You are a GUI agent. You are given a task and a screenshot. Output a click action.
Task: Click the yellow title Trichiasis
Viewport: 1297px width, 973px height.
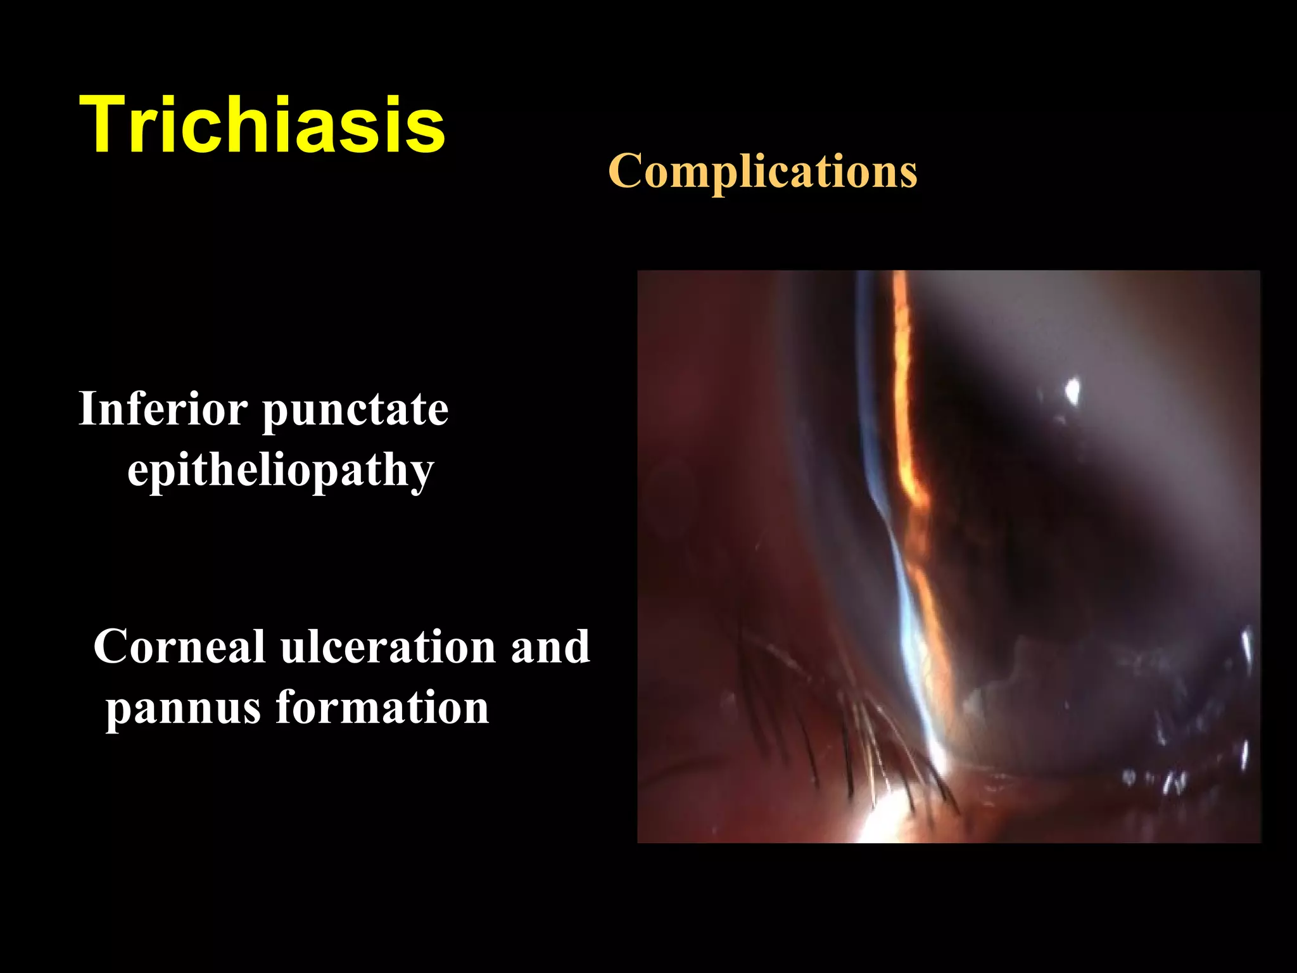click(262, 124)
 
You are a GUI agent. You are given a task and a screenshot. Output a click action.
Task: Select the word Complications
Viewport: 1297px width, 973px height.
click(762, 171)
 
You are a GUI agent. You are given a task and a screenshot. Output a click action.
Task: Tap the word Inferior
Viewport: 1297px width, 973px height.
click(163, 409)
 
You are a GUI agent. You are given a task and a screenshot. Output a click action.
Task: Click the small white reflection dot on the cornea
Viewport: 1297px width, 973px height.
click(1072, 390)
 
